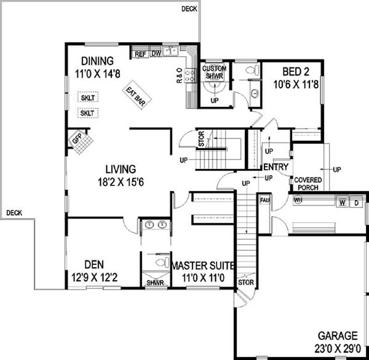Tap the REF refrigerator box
tap(140, 54)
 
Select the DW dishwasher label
tap(155, 54)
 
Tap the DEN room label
tap(94, 265)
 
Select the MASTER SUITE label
tap(203, 266)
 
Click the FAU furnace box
tap(265, 200)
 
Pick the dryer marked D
tap(356, 202)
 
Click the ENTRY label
tap(276, 167)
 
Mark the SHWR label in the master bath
tap(155, 283)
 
